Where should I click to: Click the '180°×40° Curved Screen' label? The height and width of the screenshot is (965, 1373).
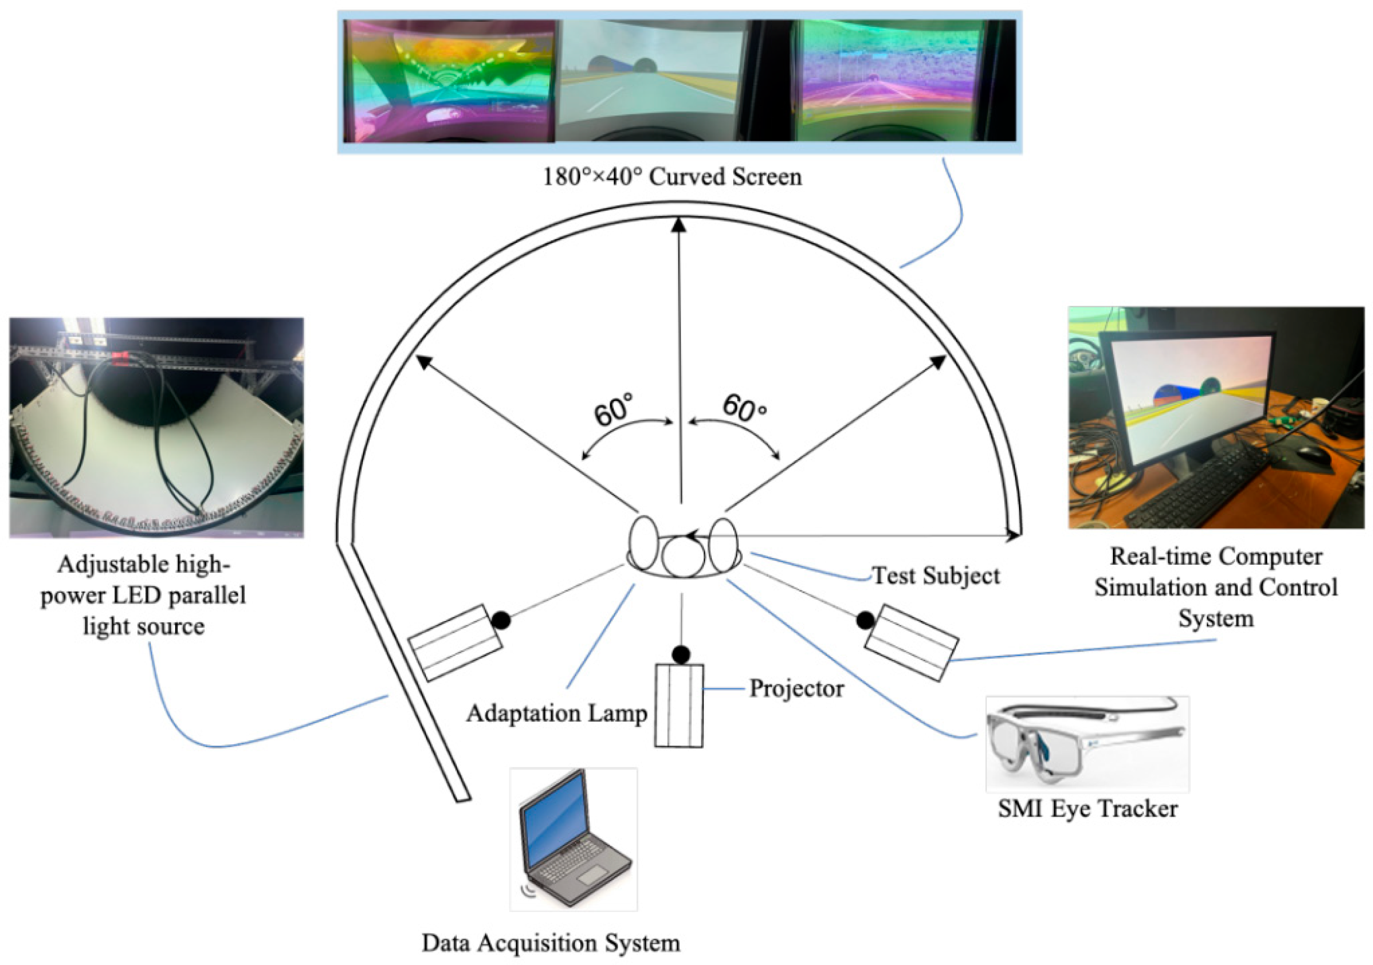[672, 177]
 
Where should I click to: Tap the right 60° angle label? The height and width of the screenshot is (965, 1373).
[744, 409]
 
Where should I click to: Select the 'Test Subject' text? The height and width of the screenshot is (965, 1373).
[935, 576]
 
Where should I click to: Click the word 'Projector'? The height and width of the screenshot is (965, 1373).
[797, 689]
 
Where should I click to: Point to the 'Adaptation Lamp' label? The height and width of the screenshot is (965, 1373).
[557, 713]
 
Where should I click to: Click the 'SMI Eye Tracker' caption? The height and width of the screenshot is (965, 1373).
[1087, 809]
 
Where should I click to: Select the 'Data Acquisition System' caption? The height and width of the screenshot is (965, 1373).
[551, 943]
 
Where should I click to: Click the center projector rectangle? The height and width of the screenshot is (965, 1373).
[679, 705]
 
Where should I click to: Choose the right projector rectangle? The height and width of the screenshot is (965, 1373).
[911, 643]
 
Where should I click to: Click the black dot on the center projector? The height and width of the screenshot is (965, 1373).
[681, 654]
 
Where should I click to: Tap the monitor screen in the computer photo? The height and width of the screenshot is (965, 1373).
[1193, 395]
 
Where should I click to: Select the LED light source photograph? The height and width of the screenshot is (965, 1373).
[156, 428]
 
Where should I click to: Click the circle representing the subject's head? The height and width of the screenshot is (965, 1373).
[683, 556]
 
